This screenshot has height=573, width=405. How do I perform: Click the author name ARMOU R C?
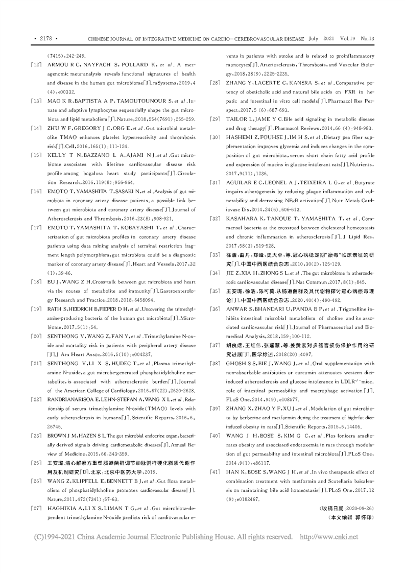tap(67, 64)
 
